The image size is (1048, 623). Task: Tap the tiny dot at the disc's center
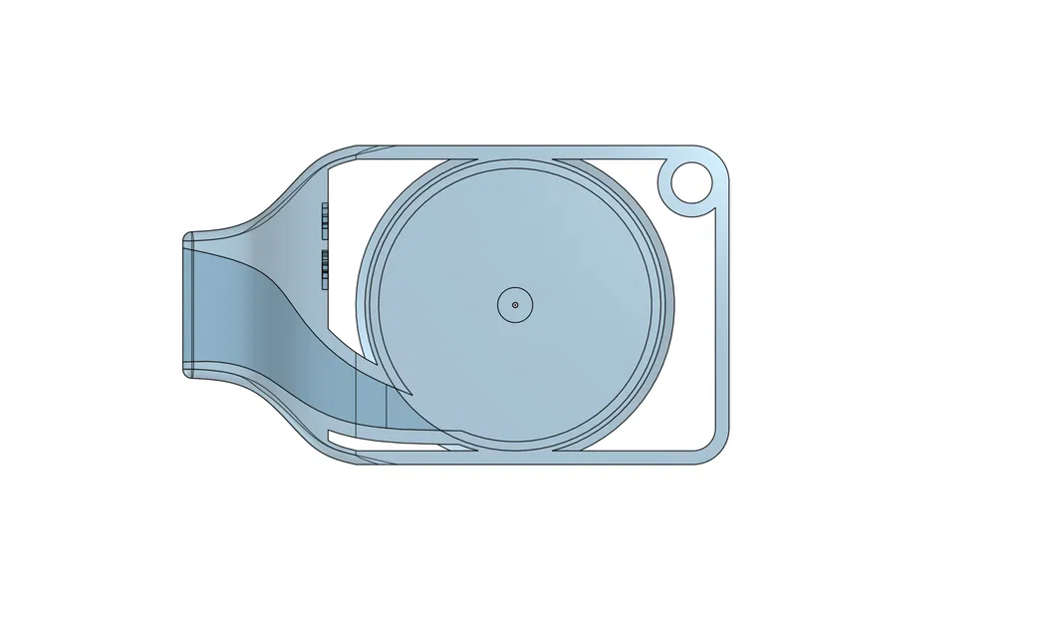coord(515,305)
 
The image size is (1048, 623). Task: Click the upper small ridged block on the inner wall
coord(325,221)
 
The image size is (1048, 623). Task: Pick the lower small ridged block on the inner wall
coord(325,267)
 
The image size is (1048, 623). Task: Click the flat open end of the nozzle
coord(186,305)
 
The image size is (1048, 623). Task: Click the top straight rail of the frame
coord(518,150)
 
